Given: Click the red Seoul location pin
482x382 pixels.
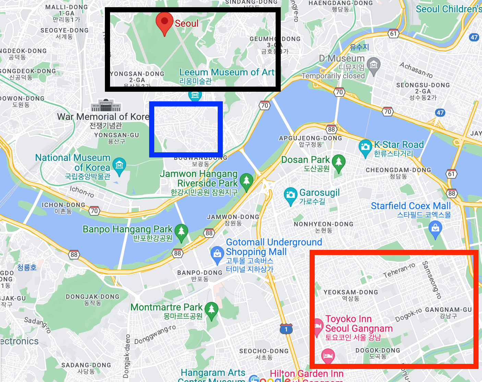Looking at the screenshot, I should [x=164, y=22].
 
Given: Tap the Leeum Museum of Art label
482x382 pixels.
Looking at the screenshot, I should [x=227, y=73].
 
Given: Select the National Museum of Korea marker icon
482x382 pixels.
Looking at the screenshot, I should [x=119, y=166].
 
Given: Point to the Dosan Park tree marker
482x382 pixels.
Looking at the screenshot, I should [x=338, y=162].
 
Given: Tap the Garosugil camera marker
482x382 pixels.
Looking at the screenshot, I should [x=291, y=195].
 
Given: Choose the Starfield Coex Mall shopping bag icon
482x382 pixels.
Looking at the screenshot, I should [x=435, y=228].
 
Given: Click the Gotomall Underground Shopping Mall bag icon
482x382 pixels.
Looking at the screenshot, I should [x=217, y=254].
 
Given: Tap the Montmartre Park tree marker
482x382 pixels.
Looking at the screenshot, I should [x=212, y=309].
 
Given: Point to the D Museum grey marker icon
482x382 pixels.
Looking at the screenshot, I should [x=373, y=65].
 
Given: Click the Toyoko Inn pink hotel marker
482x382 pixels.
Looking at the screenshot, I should [x=318, y=326].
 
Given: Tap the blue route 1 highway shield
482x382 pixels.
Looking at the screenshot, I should [x=286, y=329].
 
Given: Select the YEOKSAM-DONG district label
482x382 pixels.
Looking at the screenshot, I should [x=351, y=292].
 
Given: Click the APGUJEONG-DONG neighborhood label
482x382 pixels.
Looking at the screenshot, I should [x=311, y=138].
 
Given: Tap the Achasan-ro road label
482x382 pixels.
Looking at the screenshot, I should [x=416, y=70].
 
